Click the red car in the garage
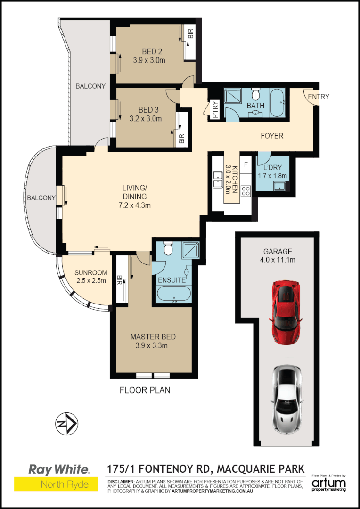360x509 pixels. [x=286, y=312]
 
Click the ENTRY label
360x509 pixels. [x=319, y=97]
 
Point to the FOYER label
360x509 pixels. [x=272, y=136]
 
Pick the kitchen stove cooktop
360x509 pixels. [x=245, y=191]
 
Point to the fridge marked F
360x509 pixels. [x=245, y=165]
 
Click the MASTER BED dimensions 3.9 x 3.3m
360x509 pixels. [x=153, y=345]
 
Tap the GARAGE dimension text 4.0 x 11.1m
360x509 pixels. [x=278, y=260]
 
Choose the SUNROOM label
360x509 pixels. [x=91, y=272]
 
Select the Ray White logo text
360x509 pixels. [x=59, y=469]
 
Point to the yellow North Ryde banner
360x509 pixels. [x=57, y=484]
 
